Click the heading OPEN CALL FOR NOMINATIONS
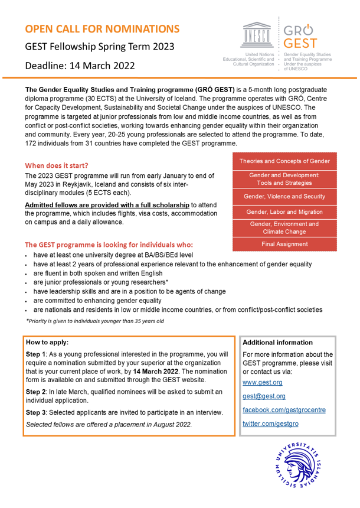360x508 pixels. (102, 29)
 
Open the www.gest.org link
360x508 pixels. (263, 383)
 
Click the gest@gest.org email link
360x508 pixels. (264, 396)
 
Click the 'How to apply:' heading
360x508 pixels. (47, 342)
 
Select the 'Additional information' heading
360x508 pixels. (277, 343)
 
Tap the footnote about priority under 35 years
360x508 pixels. (95, 321)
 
